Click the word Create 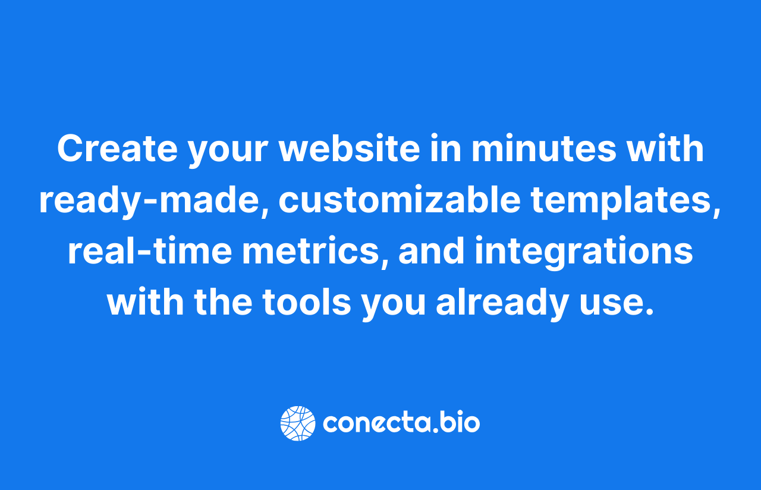pos(117,149)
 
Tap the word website pos(350,149)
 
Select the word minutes pos(544,149)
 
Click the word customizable pos(400,200)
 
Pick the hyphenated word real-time pos(150,250)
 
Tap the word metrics pos(310,251)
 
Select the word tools pos(307,301)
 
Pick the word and pos(432,250)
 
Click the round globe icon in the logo pos(298,423)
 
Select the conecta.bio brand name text pos(401,422)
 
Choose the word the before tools pos(223,301)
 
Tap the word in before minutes pos(446,149)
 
